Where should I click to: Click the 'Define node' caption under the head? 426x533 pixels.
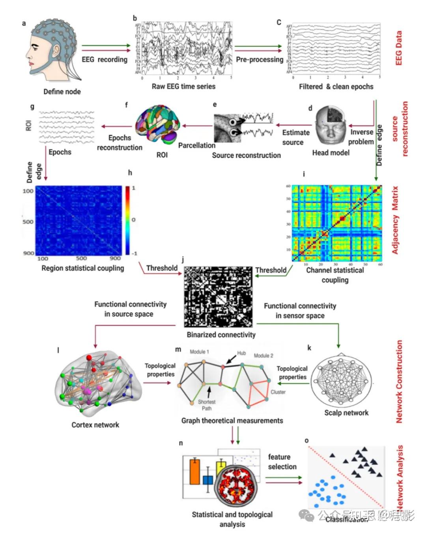click(62, 92)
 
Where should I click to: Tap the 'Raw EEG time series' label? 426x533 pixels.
click(183, 86)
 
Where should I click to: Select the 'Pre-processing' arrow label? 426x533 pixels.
click(260, 60)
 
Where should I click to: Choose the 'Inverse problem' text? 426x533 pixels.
click(361, 137)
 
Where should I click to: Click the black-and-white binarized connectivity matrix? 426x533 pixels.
click(219, 297)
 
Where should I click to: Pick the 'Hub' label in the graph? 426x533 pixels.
click(241, 353)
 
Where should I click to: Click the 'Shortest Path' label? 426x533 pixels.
click(207, 405)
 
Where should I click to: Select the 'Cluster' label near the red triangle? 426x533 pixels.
click(278, 392)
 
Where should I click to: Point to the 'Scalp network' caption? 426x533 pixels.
click(346, 413)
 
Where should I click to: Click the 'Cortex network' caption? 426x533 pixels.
click(95, 425)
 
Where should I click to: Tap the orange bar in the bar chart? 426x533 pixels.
click(195, 472)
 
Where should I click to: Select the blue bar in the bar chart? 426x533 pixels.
click(207, 480)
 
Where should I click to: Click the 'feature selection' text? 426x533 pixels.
click(282, 462)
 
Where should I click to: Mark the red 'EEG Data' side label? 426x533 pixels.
click(398, 48)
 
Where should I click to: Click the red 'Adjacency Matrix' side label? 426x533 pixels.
click(395, 220)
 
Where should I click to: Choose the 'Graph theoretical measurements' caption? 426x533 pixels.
click(232, 421)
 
